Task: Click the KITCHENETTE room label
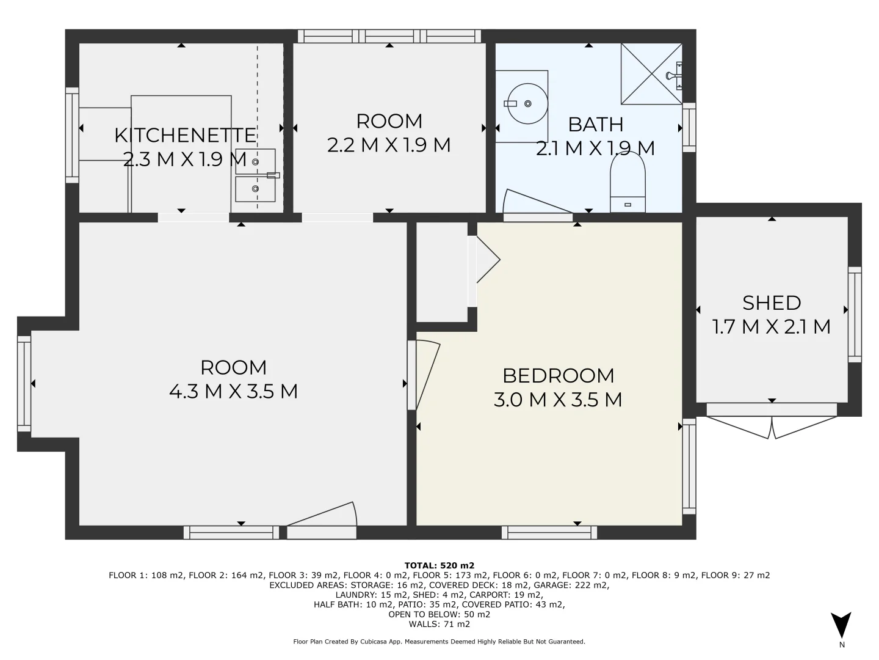tap(185, 135)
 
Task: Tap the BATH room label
tap(595, 124)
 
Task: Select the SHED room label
tap(772, 303)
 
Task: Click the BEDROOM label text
tap(558, 375)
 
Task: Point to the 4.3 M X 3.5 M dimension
tap(233, 391)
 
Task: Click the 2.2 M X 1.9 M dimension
tap(389, 145)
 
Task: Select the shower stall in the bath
tap(651, 74)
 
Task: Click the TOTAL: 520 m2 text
tap(439, 565)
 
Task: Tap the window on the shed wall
tap(855, 314)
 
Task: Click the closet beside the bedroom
tap(441, 272)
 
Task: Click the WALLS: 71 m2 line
tap(439, 624)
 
